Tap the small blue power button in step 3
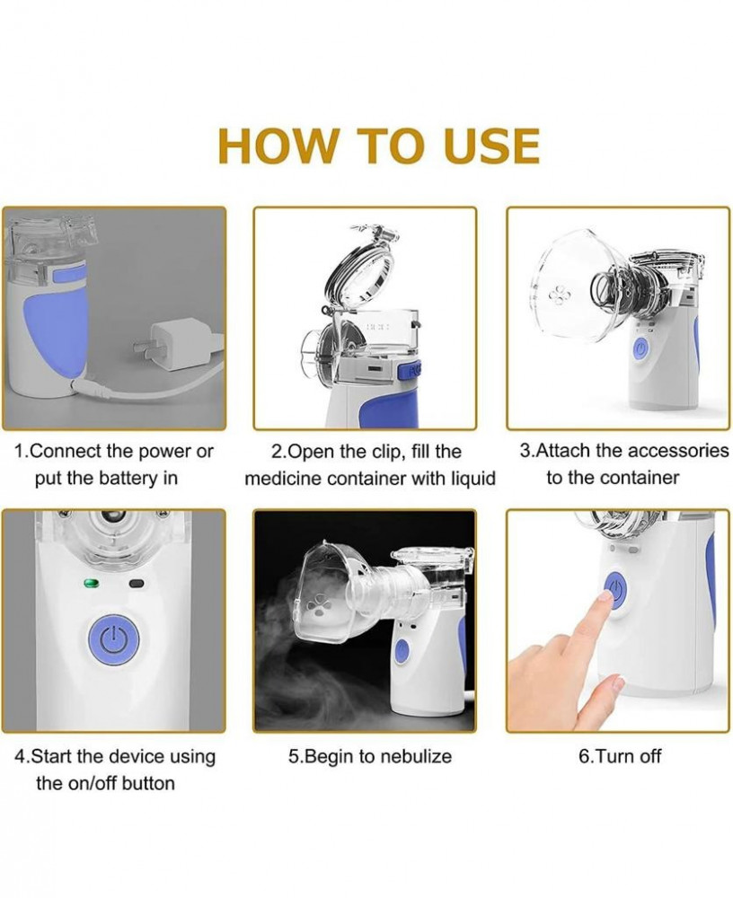click(640, 349)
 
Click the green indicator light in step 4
click(92, 584)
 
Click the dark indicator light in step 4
click(137, 584)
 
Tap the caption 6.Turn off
click(620, 756)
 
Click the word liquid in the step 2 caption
click(470, 479)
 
